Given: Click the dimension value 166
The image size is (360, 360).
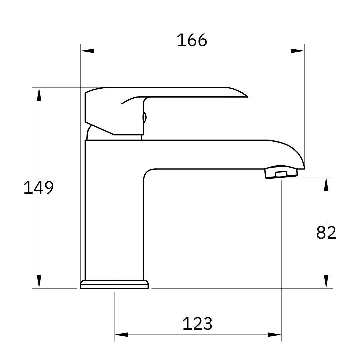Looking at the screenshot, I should pos(192,40).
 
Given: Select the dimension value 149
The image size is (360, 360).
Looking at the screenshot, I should pos(38,187).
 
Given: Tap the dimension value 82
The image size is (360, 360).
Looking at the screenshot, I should pos(326,233).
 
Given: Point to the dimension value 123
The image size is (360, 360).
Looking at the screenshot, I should pos(197,324).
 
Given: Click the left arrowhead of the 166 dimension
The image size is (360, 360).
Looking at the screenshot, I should pos(87,51).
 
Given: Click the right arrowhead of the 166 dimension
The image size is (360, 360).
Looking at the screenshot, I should pos(298,51).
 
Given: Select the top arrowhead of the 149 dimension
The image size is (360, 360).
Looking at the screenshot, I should pos(39,94).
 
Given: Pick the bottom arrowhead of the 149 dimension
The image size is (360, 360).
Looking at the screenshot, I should pos(39,282).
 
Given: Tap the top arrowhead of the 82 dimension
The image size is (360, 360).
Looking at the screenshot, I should pos(326,184).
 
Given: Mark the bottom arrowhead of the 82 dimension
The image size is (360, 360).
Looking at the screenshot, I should pos(326,282).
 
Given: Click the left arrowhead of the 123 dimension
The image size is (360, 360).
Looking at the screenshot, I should pos(121,334).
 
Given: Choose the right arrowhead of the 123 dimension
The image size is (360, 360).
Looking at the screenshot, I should pos(274,334).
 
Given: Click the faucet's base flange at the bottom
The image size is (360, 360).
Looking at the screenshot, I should pos(114,285).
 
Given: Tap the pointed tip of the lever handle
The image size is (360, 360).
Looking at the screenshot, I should pos(247,96).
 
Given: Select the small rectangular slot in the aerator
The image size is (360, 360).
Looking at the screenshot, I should pos(281,174).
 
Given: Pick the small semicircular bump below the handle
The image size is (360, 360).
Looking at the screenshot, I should pos(145,117).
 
